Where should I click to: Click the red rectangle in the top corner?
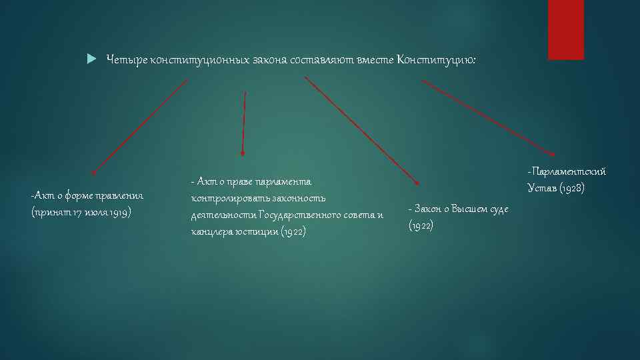[565, 29]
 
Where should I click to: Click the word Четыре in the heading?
[124, 60]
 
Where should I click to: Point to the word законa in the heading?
[269, 60]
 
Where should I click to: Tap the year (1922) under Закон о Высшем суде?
[421, 226]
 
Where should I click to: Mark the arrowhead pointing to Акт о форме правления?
[94, 173]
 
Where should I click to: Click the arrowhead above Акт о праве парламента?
[243, 153]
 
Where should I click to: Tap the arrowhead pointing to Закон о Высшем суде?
[417, 181]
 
